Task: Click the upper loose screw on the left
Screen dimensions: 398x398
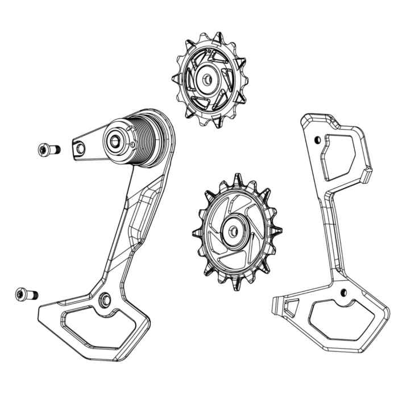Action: [48, 150]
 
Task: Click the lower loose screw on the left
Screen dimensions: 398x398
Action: [26, 294]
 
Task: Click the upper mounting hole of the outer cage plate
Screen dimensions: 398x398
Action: [317, 138]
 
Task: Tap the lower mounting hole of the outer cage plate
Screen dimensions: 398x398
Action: [342, 292]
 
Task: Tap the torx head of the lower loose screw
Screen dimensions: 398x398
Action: [20, 294]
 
